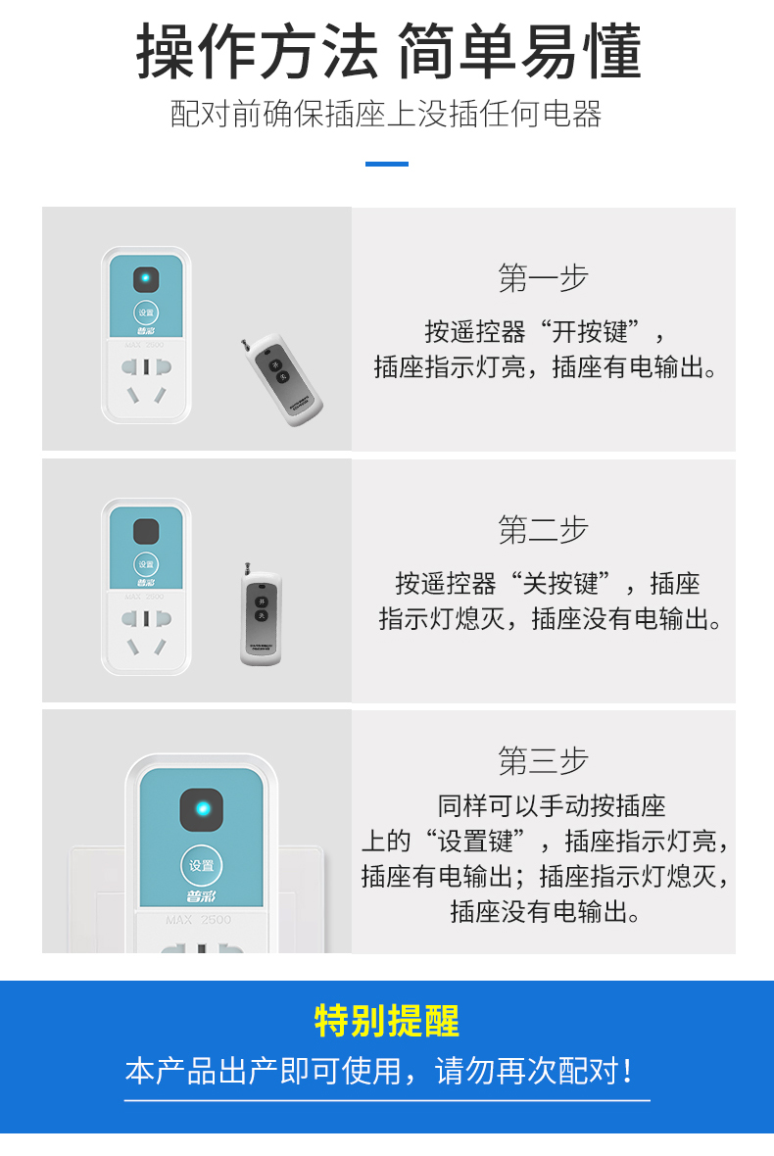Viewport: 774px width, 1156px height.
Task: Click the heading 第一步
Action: click(543, 278)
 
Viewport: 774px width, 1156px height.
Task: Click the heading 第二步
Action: click(543, 530)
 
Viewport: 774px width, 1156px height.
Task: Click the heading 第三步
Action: click(543, 760)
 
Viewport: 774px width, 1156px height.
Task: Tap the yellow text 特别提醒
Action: click(387, 1021)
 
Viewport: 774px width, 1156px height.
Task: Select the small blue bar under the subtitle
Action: click(387, 164)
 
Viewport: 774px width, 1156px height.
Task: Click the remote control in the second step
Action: click(261, 618)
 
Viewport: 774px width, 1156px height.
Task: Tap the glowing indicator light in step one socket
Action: click(146, 279)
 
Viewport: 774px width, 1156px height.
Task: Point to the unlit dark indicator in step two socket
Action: click(146, 531)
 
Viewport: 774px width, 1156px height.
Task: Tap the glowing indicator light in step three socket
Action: click(202, 809)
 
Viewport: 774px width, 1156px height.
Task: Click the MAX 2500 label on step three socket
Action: click(198, 920)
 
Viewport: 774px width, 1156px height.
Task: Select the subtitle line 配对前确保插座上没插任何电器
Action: click(386, 114)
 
